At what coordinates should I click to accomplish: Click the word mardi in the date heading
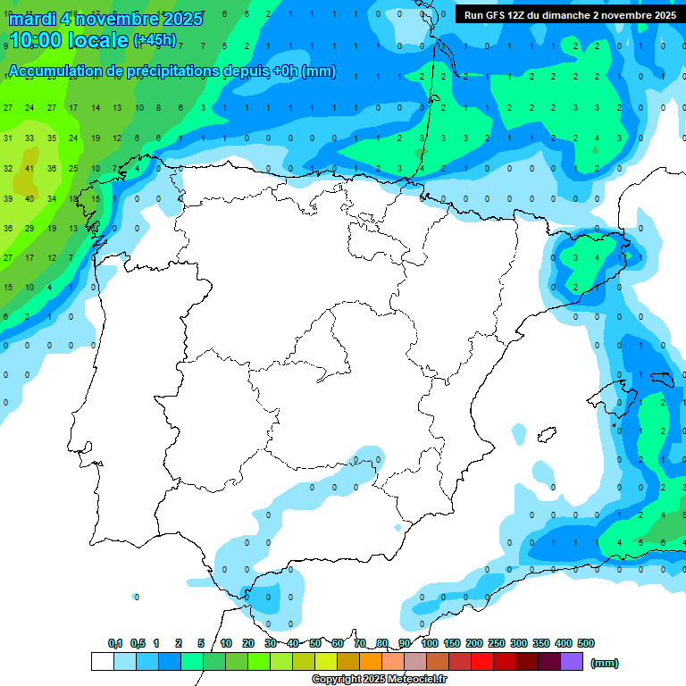[x=31, y=19]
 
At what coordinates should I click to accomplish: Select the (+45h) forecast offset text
[x=155, y=40]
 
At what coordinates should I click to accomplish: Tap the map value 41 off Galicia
[x=29, y=168]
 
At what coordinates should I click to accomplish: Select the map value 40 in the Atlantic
[x=29, y=198]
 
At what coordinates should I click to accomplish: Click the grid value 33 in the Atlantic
[x=29, y=138]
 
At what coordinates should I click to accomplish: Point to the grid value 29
[x=29, y=229]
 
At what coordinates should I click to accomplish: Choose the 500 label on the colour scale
[x=586, y=643]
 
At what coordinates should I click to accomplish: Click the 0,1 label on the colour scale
[x=115, y=643]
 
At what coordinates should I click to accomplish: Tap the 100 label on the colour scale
[x=430, y=643]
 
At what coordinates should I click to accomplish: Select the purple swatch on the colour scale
[x=572, y=661]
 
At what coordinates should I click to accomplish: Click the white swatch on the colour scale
[x=102, y=661]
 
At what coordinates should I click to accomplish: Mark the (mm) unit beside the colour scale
[x=605, y=663]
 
